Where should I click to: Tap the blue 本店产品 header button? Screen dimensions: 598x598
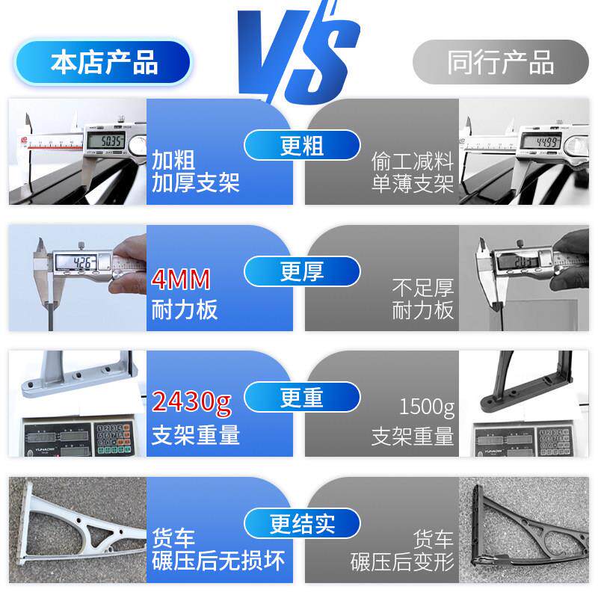click(x=104, y=61)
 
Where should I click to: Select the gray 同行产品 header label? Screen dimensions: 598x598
click(x=500, y=62)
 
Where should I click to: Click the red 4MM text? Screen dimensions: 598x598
click(x=181, y=280)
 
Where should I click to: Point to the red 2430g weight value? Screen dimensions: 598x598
click(x=191, y=404)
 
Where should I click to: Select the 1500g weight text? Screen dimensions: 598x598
click(x=426, y=408)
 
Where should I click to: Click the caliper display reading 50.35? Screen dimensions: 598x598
click(x=105, y=141)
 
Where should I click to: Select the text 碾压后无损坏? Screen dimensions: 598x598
click(x=218, y=560)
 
